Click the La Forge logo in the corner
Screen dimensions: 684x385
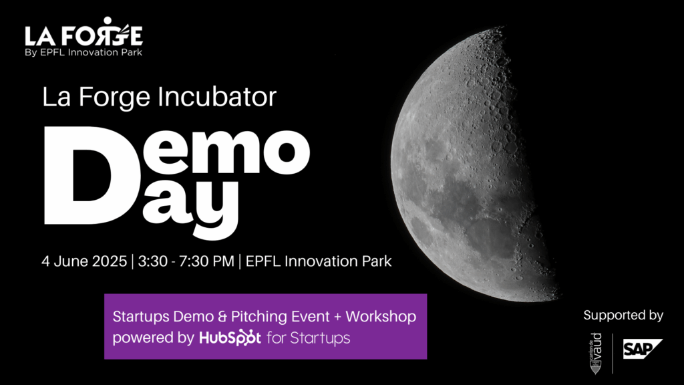tap(83, 37)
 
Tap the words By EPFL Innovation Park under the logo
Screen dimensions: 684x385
tap(83, 52)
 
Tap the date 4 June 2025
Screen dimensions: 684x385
tap(84, 261)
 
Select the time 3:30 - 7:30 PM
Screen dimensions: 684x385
tap(186, 261)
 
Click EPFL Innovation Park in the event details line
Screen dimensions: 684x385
tap(319, 261)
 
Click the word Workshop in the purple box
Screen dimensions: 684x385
tap(381, 316)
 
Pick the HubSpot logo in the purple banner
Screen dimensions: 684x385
tap(230, 338)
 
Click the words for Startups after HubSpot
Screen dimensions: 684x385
tap(309, 338)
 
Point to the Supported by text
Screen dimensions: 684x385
tap(623, 315)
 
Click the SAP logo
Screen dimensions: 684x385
tap(643, 349)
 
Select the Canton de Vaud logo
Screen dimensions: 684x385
tap(595, 354)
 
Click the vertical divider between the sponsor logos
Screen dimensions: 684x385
tap(613, 354)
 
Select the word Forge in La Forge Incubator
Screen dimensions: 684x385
tap(114, 98)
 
